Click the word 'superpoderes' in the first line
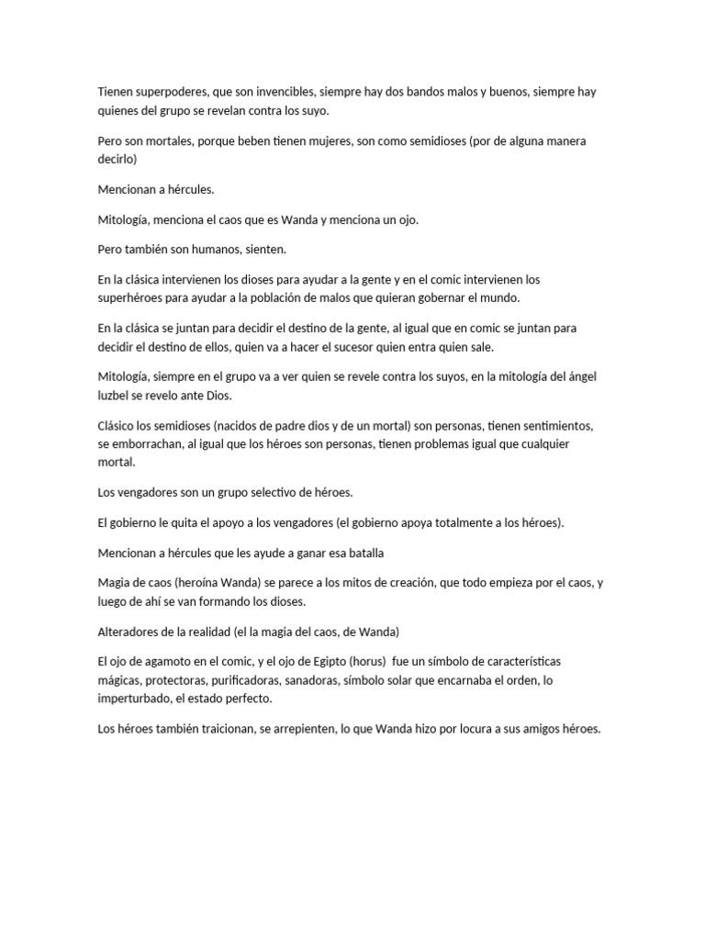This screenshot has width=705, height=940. [169, 93]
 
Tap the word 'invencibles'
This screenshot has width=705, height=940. [294, 93]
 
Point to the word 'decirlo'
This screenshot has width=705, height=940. [117, 159]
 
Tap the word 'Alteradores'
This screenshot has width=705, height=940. [129, 632]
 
